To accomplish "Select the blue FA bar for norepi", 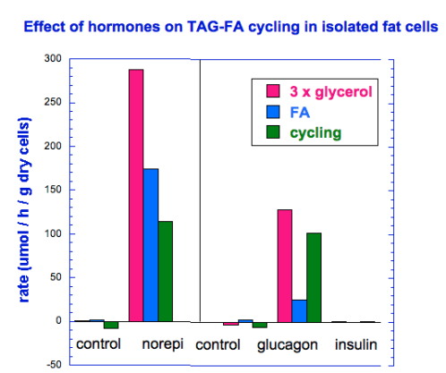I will (x=150, y=244).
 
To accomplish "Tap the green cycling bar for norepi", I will (x=165, y=271).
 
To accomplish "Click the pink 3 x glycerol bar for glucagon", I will (x=284, y=265).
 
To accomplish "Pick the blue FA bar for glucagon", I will (x=299, y=310).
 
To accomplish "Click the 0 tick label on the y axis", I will (x=57, y=321).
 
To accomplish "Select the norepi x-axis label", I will (x=163, y=344).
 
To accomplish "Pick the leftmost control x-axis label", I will (x=99, y=344).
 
